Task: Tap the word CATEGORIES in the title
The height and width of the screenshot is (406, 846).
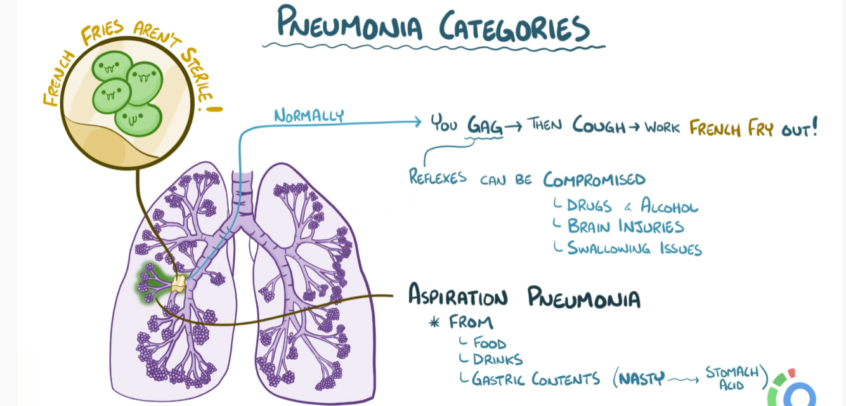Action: [513, 27]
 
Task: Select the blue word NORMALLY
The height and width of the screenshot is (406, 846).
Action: [309, 115]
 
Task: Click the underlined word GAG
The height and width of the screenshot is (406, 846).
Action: [485, 125]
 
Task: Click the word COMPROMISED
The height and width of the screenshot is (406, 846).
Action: [594, 180]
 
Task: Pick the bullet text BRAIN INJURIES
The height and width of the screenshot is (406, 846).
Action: [625, 226]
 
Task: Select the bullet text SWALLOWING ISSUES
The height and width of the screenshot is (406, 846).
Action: [634, 248]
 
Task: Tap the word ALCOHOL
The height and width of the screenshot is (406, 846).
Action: [670, 206]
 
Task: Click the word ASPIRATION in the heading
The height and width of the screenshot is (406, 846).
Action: [458, 296]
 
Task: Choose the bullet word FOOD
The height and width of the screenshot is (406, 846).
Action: [490, 343]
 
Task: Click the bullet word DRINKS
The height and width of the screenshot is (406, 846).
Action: [498, 360]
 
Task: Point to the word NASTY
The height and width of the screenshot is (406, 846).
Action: [642, 379]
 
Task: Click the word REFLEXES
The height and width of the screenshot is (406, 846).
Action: [438, 177]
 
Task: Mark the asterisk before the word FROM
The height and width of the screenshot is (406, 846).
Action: [434, 322]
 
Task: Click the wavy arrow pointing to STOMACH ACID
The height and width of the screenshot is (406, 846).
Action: [684, 379]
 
